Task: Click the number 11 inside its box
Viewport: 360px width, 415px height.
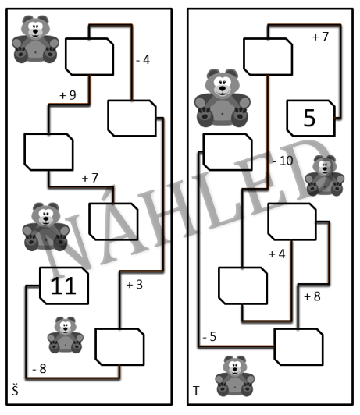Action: pyautogui.click(x=63, y=286)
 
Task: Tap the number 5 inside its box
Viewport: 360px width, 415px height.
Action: pyautogui.click(x=309, y=118)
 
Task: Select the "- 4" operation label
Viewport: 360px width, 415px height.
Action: pyautogui.click(x=143, y=60)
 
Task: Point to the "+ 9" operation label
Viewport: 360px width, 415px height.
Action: pyautogui.click(x=68, y=95)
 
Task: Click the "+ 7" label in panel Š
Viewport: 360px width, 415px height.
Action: pyautogui.click(x=90, y=178)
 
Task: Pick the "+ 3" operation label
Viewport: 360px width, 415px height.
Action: pyautogui.click(x=134, y=285)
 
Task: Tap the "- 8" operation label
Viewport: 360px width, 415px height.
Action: pyautogui.click(x=39, y=368)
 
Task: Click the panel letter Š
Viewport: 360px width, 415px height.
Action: pyautogui.click(x=15, y=390)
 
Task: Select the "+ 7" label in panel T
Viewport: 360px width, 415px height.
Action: pyautogui.click(x=320, y=37)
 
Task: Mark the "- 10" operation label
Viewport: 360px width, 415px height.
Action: pyautogui.click(x=283, y=161)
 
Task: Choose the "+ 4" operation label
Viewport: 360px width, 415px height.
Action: pyautogui.click(x=277, y=254)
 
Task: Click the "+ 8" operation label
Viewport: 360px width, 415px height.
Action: pyautogui.click(x=312, y=296)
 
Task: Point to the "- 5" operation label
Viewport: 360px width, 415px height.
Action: pyautogui.click(x=209, y=337)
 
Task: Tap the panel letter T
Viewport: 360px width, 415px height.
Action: pyautogui.click(x=196, y=391)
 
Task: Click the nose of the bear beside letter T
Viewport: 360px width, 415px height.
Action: pyautogui.click(x=235, y=369)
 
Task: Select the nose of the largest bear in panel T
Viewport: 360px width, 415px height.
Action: pyautogui.click(x=223, y=88)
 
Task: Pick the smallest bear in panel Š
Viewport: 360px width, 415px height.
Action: pyautogui.click(x=66, y=335)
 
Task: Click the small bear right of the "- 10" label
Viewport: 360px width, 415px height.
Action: pyautogui.click(x=325, y=176)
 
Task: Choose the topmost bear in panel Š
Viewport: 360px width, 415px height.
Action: pyautogui.click(x=35, y=39)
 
